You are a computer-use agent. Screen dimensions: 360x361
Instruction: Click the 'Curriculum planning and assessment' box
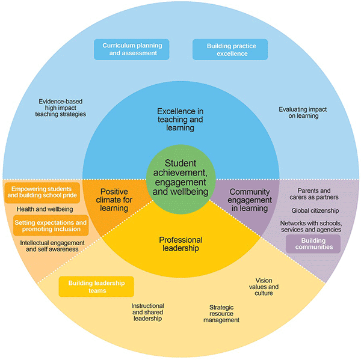click(x=131, y=49)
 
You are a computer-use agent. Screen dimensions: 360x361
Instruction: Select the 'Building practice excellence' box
click(x=229, y=50)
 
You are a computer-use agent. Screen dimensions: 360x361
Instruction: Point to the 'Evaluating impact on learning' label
click(x=298, y=112)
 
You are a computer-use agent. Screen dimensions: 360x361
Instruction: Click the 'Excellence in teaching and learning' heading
click(x=180, y=119)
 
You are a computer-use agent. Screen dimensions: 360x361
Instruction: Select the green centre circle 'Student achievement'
click(x=180, y=177)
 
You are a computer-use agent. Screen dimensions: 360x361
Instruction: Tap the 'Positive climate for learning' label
click(x=114, y=200)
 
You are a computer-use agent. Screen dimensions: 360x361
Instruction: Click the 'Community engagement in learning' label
click(x=248, y=200)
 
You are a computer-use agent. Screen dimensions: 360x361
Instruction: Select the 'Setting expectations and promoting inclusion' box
click(x=50, y=225)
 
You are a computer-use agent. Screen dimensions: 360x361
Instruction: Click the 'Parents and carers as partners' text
click(x=318, y=194)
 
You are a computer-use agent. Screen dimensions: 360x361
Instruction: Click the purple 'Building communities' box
click(x=313, y=243)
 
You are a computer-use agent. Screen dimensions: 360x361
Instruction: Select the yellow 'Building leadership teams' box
click(x=96, y=287)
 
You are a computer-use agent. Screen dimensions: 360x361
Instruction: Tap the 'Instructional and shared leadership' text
click(x=147, y=313)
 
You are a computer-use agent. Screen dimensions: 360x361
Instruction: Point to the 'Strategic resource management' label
click(x=220, y=314)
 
